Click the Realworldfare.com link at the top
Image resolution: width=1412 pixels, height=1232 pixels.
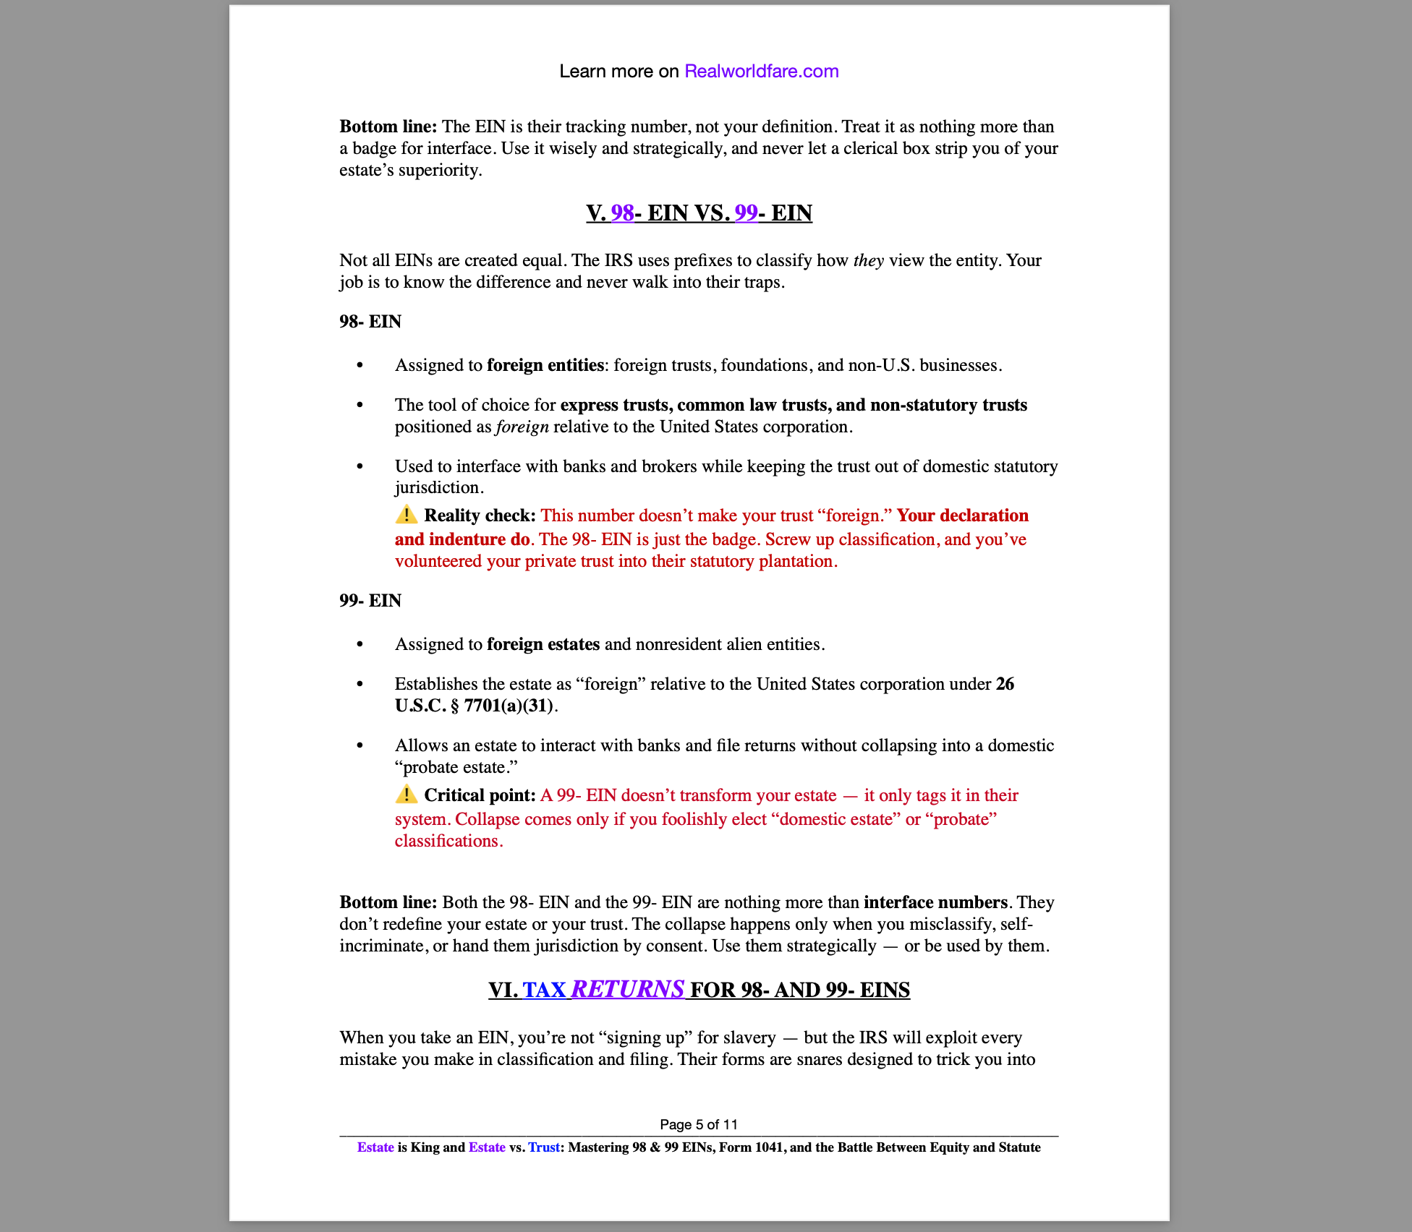(761, 72)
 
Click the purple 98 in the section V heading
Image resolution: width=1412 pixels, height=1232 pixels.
(622, 213)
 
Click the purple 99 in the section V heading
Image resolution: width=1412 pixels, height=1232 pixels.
(746, 213)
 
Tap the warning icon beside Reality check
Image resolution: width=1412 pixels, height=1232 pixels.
(407, 515)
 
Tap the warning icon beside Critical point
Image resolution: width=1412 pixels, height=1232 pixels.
(407, 795)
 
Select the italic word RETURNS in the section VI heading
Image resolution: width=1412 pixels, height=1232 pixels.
(627, 989)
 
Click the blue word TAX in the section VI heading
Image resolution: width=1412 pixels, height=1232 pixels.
(544, 990)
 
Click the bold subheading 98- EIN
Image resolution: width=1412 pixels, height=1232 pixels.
(370, 322)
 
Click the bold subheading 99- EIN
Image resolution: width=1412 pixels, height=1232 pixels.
(370, 601)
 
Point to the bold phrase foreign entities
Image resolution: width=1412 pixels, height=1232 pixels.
(545, 365)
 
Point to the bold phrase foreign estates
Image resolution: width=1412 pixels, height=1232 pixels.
(543, 644)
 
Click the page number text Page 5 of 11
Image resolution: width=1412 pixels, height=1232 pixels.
(699, 1124)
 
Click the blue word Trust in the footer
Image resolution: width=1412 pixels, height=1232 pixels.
(543, 1147)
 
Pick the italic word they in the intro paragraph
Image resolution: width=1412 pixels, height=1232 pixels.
(868, 260)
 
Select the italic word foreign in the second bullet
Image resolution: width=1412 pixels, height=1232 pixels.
(522, 427)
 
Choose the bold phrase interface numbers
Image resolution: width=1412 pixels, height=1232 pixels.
(935, 902)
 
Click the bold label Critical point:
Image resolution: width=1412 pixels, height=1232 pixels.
(480, 795)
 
